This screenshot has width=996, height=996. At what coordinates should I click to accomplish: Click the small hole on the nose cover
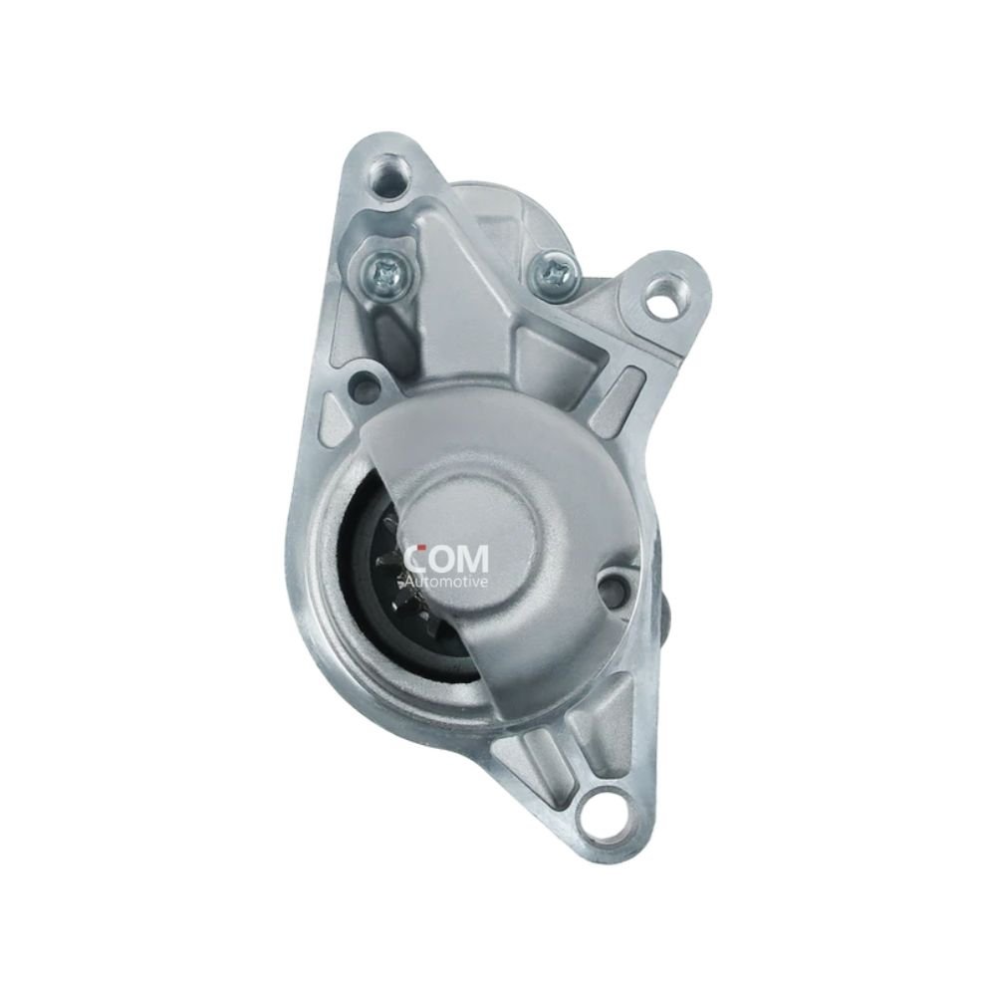coord(612,589)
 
